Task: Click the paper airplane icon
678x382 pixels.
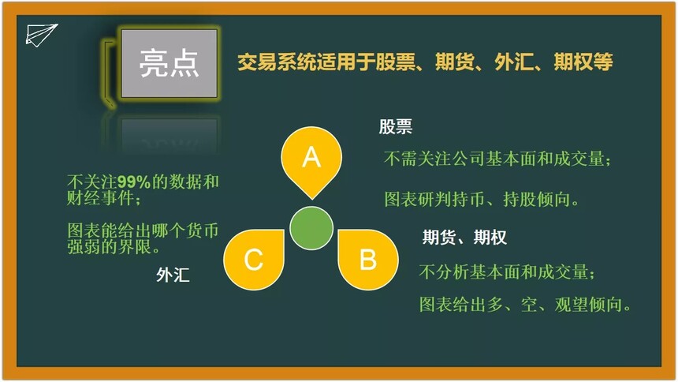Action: click(41, 35)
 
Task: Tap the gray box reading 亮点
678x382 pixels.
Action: click(169, 63)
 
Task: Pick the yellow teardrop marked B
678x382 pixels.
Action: click(368, 260)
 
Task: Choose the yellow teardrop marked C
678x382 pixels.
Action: click(254, 260)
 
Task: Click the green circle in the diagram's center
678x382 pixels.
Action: click(311, 228)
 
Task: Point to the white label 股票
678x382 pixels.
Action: click(396, 127)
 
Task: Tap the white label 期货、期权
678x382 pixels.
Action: click(464, 238)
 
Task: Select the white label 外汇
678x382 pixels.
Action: click(173, 275)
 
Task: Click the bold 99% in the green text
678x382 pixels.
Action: click(133, 182)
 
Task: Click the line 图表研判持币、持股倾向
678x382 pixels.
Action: click(482, 199)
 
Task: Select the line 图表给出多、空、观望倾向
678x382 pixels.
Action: click(525, 305)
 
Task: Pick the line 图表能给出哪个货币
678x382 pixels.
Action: click(143, 230)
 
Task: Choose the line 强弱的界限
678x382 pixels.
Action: click(114, 247)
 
